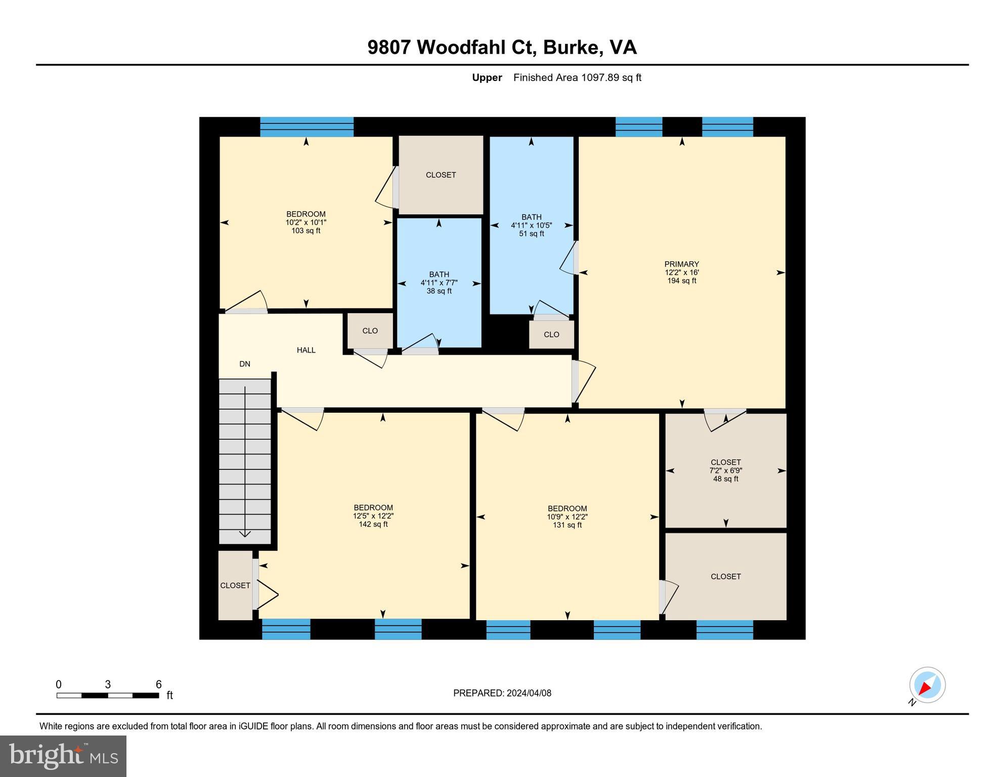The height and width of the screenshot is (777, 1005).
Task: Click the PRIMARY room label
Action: click(681, 264)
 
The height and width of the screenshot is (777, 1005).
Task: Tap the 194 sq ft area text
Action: click(681, 281)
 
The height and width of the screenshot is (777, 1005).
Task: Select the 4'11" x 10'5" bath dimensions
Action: click(531, 226)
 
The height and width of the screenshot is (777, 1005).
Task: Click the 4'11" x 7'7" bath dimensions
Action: click(439, 283)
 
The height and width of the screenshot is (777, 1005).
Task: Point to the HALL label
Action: click(306, 350)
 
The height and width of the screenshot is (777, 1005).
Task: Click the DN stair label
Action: click(245, 364)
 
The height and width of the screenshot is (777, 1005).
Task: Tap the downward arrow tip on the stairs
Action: click(245, 535)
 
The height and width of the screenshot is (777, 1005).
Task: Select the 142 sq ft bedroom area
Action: click(373, 525)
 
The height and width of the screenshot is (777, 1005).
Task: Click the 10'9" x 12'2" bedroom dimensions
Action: click(567, 517)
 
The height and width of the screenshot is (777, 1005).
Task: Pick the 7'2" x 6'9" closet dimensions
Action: click(725, 470)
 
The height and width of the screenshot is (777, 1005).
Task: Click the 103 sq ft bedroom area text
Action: click(305, 231)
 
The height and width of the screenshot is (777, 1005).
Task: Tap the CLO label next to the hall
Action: click(370, 331)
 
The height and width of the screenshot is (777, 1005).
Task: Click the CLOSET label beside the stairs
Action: click(235, 585)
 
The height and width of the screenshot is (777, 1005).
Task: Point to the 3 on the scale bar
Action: click(108, 684)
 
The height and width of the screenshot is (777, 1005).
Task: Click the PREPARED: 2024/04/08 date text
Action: click(502, 693)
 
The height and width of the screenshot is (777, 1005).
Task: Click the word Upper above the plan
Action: click(487, 77)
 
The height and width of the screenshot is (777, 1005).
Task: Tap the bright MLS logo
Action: click(63, 756)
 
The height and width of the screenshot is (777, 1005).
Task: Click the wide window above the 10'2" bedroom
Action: click(307, 126)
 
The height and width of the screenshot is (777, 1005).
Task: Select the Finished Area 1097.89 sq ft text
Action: click(577, 77)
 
